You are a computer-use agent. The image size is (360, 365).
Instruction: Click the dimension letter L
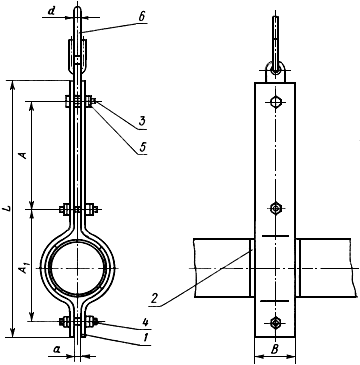pos(10,209)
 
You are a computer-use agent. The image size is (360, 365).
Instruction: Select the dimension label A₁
pos(24,269)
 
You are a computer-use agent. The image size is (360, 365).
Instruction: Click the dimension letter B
pos(275,350)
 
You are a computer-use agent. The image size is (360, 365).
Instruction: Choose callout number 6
pos(142,17)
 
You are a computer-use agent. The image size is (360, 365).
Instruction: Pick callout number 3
pos(142,121)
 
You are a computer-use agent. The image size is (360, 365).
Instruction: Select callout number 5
pos(142,147)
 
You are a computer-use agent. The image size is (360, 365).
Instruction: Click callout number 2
pos(154,298)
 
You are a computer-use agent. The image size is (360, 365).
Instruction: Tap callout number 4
pos(145,322)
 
